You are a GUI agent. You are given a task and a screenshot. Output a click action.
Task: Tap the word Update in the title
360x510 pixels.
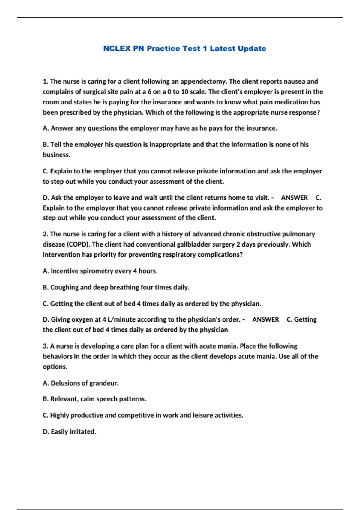pos(252,49)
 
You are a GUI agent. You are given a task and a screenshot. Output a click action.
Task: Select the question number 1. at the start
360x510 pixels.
pos(46,82)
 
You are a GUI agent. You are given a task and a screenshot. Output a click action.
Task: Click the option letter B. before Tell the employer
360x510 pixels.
pos(46,145)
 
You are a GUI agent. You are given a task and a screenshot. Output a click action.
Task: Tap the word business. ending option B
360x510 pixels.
pos(56,155)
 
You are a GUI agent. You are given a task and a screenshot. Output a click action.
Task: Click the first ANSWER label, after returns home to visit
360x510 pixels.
pos(294,198)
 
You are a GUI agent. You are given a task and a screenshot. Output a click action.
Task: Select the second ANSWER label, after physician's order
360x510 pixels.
pos(265,319)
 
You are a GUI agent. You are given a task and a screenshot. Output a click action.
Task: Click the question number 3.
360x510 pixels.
pos(46,346)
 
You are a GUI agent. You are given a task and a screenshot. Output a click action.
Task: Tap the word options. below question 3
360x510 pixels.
pos(55,367)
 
